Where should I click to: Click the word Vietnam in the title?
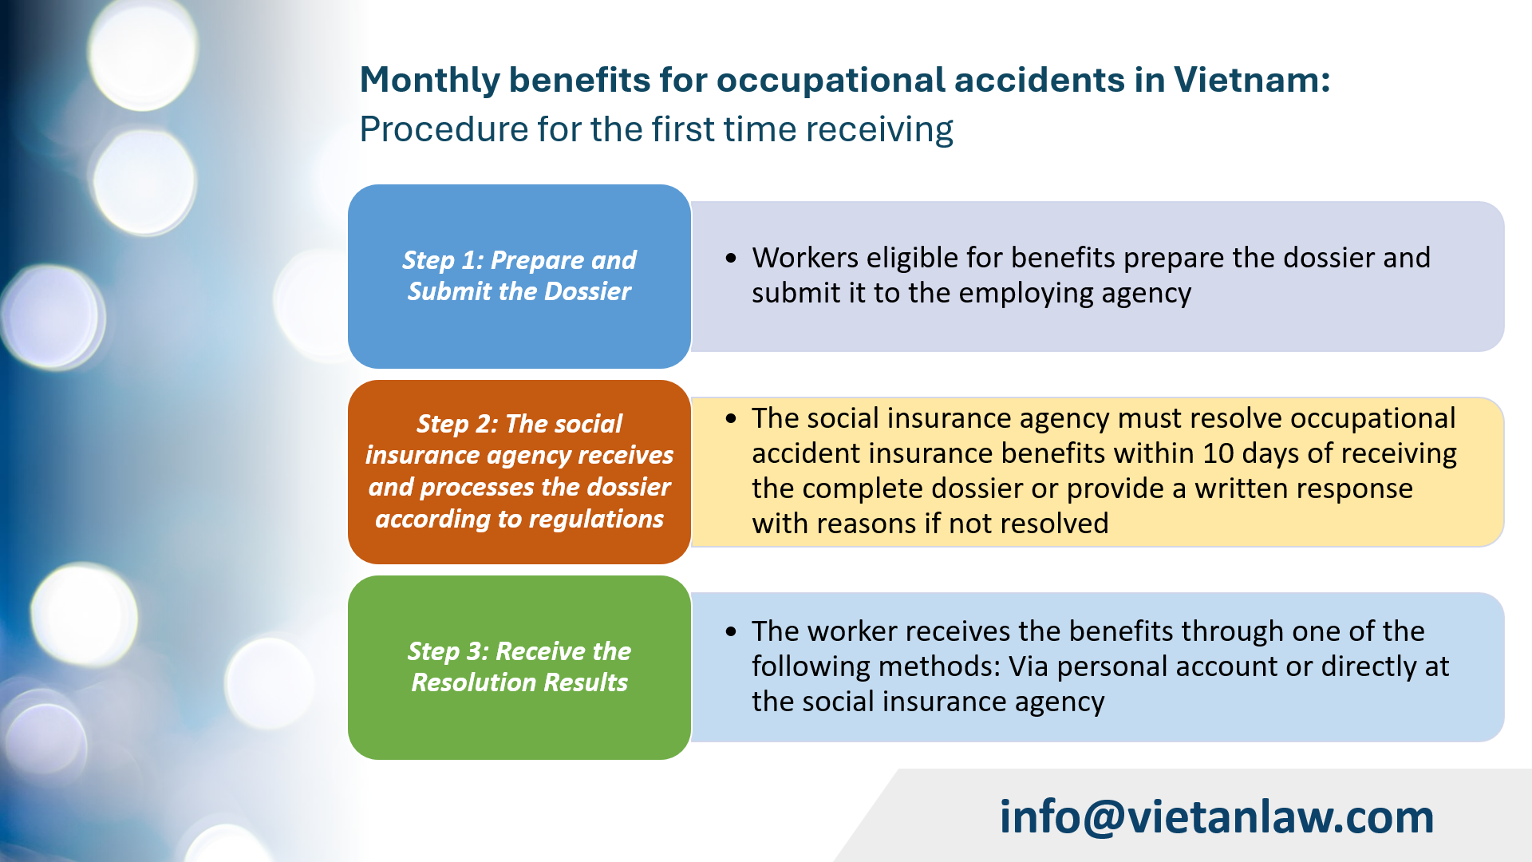point(1250,80)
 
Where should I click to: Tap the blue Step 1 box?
point(519,276)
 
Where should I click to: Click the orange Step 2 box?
point(519,472)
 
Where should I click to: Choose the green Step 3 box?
point(519,667)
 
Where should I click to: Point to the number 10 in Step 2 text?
point(1218,453)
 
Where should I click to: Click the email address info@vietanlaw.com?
point(1217,817)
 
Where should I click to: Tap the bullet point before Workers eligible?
point(731,259)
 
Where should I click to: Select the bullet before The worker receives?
point(731,631)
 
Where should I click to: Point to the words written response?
point(1303,488)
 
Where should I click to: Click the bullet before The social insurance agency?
point(731,419)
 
